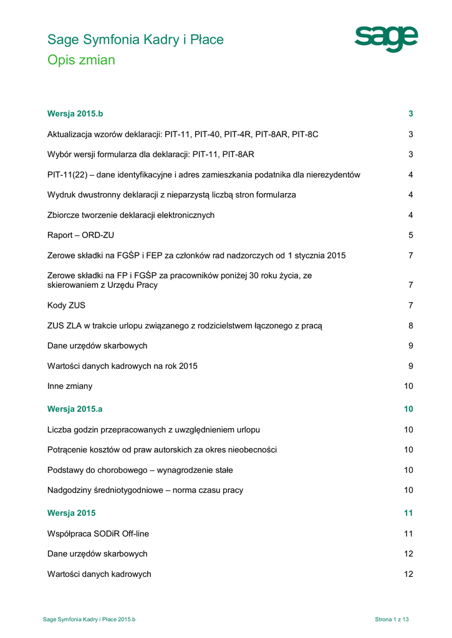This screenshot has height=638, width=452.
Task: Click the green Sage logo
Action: [x=386, y=39]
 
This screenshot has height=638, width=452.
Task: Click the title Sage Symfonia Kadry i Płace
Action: [x=135, y=40]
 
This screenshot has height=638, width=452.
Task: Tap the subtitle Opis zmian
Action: [x=81, y=60]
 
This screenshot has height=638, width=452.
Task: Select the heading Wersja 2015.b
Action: [x=75, y=113]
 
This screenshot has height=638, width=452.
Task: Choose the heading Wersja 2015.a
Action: [x=75, y=409]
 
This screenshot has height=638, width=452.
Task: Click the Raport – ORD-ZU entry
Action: [x=80, y=236]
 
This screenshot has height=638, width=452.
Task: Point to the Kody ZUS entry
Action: [x=66, y=305]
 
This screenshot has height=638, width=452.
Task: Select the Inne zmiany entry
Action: [x=70, y=386]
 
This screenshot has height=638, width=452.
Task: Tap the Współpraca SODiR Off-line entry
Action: [x=98, y=534]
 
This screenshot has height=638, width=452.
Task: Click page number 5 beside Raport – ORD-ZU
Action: [x=411, y=236]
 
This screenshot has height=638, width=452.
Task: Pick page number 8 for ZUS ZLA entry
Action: [x=411, y=326]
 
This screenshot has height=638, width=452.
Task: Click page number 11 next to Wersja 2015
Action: [x=408, y=513]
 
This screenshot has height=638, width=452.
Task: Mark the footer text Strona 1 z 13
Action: [x=392, y=619]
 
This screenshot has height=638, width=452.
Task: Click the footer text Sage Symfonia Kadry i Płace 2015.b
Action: [x=89, y=619]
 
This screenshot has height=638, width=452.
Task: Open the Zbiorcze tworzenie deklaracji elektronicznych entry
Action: [x=131, y=215]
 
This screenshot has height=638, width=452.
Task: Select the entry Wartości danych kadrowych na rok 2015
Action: [x=122, y=366]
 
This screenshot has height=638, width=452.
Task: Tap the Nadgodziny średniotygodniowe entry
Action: [x=145, y=490]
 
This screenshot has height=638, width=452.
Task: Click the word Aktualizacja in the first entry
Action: [x=70, y=134]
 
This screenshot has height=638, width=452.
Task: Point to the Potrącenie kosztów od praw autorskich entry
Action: [x=162, y=450]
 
